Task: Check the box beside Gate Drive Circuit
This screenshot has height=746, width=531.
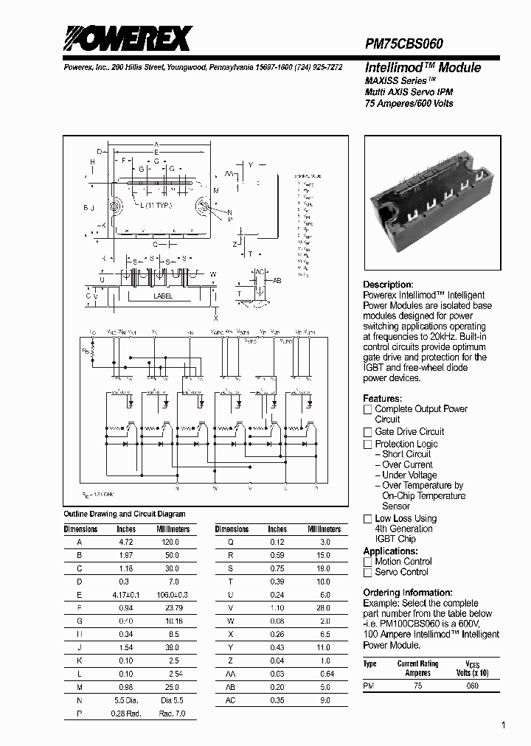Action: point(367,432)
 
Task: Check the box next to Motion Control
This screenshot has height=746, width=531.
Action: point(367,562)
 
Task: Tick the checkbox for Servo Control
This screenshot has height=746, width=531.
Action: point(367,572)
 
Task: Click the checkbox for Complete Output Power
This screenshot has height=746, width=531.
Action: point(367,409)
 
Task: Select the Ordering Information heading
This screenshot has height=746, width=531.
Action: point(408,593)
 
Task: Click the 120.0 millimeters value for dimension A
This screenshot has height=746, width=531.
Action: point(170,542)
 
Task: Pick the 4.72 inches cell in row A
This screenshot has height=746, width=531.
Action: point(125,542)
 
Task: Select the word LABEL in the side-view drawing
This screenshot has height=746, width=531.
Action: point(163,296)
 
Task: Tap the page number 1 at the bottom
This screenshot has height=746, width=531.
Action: point(504,725)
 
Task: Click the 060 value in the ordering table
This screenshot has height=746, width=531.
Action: point(472,686)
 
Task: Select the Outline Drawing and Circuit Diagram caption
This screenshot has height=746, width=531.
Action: point(125,514)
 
